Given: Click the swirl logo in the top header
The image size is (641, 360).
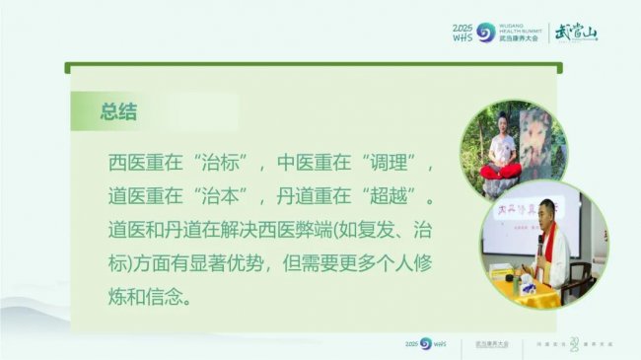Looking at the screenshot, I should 484,32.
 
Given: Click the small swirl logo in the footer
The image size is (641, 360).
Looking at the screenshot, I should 426,342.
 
